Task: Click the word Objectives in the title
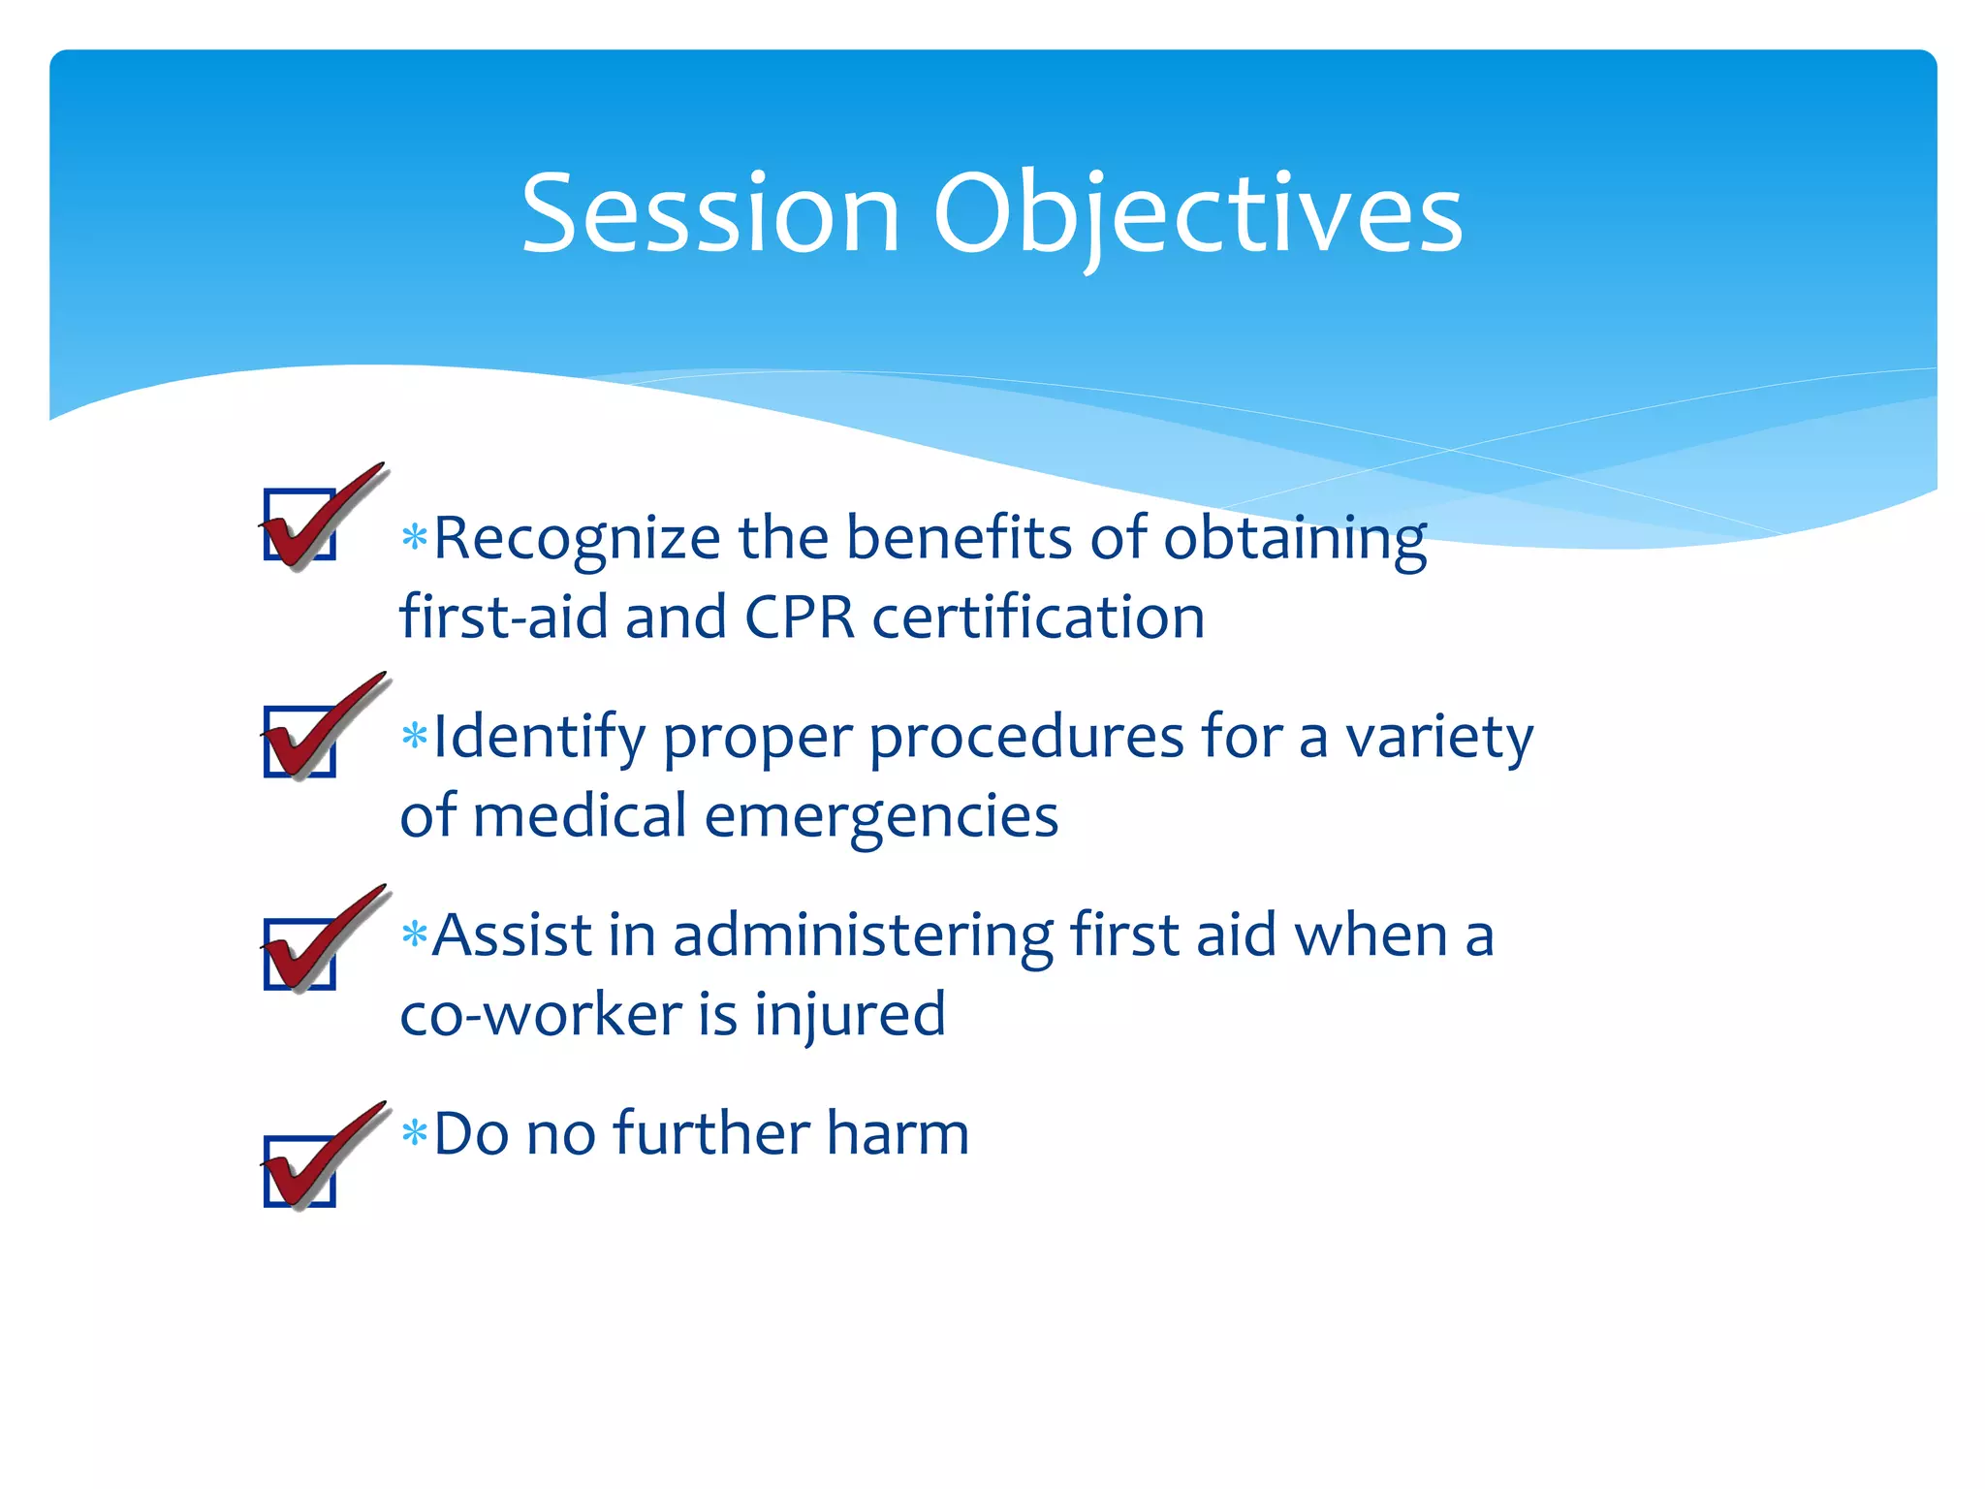1198,219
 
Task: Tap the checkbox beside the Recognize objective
300,524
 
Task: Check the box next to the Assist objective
300,954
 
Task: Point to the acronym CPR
801,617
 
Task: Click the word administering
864,938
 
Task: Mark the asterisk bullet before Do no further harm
415,1132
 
